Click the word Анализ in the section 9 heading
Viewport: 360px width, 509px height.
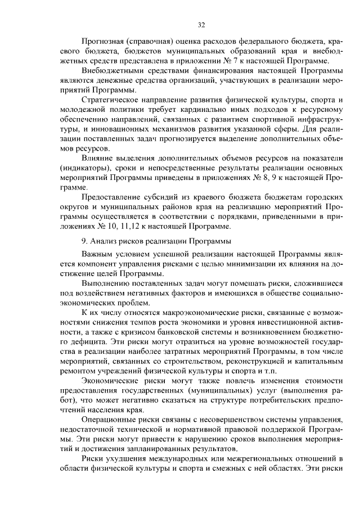tap(103, 242)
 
